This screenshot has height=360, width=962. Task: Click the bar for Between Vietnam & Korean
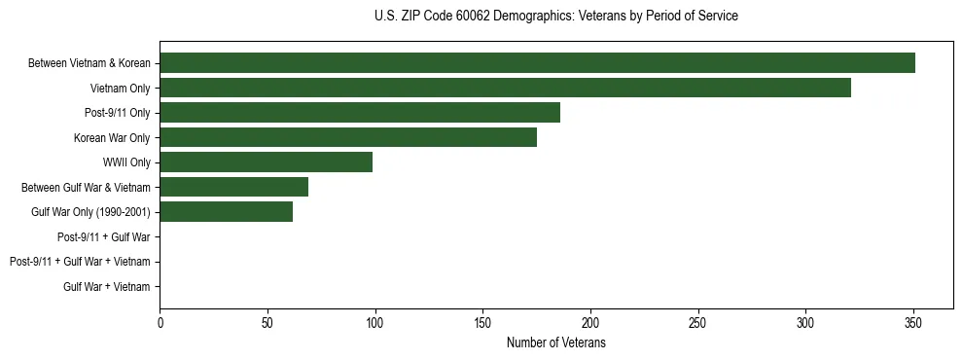(x=537, y=63)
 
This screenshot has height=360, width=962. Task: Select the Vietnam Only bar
(x=505, y=89)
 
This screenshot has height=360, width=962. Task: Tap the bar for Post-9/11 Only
(x=360, y=113)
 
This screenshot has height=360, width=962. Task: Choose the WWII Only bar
(x=266, y=162)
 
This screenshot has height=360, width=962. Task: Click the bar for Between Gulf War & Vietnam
(x=233, y=187)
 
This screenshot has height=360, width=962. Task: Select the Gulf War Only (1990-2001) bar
(x=226, y=212)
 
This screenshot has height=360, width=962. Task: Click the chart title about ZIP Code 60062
(x=555, y=17)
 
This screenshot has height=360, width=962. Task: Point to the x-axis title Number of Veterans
(x=555, y=343)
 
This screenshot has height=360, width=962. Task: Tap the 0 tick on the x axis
(x=160, y=323)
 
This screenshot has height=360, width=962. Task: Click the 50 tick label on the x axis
(x=267, y=323)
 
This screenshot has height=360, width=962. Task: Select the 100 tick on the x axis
(x=375, y=323)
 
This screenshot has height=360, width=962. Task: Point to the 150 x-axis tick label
(x=482, y=323)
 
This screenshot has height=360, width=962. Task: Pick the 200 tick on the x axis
(x=590, y=323)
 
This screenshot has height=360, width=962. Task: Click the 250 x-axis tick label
(x=697, y=323)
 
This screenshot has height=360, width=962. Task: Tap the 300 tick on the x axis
(x=805, y=323)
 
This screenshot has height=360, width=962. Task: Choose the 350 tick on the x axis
(x=912, y=323)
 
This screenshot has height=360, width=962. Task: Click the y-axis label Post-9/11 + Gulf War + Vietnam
(x=80, y=262)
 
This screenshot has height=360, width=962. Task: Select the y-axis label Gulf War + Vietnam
(x=107, y=286)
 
